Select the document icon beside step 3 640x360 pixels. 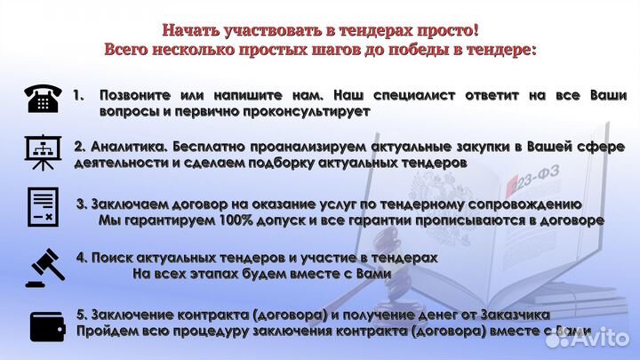pyautogui.click(x=42, y=207)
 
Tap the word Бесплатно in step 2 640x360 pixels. pyautogui.click(x=210, y=146)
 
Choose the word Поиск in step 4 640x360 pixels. pyautogui.click(x=109, y=256)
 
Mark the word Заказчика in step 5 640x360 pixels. pyautogui.click(x=515, y=315)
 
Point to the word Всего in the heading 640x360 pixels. pyautogui.click(x=128, y=50)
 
